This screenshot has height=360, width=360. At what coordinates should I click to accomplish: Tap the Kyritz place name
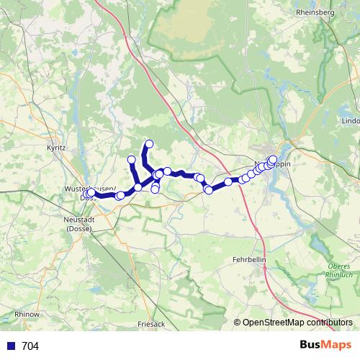click(x=55, y=147)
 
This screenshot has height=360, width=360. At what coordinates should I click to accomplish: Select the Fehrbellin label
click(x=251, y=258)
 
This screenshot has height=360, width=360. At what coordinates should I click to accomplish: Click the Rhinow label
click(x=27, y=315)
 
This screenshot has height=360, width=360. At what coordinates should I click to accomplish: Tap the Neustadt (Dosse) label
click(x=79, y=224)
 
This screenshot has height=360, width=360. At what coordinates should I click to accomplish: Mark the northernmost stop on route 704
click(x=150, y=144)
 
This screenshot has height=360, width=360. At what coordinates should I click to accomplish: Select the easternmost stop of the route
click(x=273, y=160)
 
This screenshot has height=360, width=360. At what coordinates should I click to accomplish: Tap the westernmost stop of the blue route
click(x=86, y=194)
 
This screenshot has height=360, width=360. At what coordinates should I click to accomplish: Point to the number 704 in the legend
click(x=30, y=346)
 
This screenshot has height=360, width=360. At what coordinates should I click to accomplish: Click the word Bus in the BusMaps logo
click(x=310, y=345)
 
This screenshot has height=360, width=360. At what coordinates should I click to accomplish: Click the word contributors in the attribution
click(x=329, y=322)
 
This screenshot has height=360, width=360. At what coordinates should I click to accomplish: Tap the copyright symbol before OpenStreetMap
click(x=237, y=322)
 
